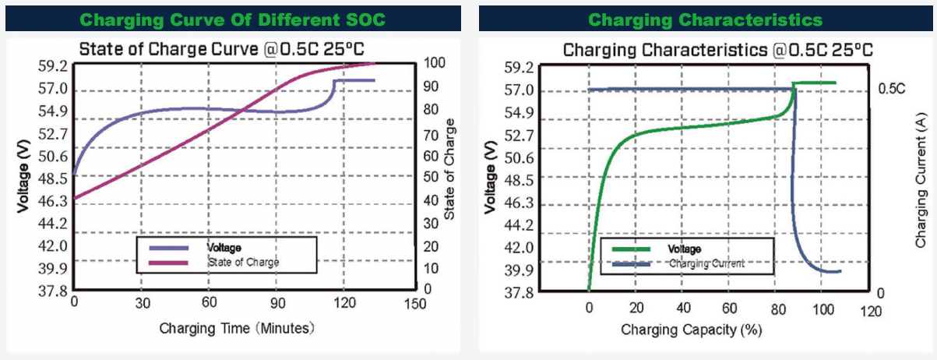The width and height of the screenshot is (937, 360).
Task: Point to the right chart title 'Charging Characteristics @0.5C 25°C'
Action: (717, 51)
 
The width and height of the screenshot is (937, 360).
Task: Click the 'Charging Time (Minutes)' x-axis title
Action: (237, 328)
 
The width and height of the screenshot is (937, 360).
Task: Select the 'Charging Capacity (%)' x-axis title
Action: (691, 330)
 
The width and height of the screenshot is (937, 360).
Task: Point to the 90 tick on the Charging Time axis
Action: (277, 302)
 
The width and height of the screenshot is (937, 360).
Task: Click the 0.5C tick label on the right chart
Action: (891, 89)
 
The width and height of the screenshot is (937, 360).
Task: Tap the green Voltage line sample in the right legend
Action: (630, 249)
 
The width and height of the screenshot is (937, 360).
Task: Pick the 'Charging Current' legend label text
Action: (706, 264)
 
